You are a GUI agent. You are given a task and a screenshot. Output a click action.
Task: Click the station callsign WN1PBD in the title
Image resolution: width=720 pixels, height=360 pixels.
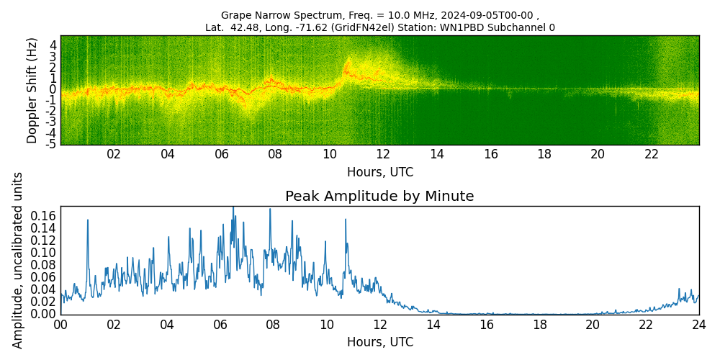click(x=471, y=28)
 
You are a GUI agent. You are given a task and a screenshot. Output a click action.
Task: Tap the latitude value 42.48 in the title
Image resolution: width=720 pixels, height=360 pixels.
click(x=241, y=28)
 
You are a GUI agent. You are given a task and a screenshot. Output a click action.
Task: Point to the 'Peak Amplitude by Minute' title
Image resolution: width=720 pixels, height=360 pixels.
click(x=379, y=197)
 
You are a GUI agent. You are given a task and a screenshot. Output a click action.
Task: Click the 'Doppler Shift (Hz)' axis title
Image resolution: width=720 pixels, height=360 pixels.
click(x=32, y=91)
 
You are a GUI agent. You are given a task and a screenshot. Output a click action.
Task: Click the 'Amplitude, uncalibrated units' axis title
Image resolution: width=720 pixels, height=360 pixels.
click(x=18, y=260)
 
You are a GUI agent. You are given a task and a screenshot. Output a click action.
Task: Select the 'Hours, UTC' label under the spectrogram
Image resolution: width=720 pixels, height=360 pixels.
click(x=380, y=173)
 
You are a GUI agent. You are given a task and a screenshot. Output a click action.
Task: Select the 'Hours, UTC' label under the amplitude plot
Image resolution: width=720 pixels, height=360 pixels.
click(x=380, y=342)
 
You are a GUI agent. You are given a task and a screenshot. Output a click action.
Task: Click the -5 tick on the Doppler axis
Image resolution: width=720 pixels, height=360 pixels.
click(x=50, y=144)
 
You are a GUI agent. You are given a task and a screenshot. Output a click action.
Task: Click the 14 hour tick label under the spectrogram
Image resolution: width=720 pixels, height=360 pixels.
click(x=437, y=154)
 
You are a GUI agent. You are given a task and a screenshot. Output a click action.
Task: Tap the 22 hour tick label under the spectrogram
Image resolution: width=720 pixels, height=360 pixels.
click(x=652, y=154)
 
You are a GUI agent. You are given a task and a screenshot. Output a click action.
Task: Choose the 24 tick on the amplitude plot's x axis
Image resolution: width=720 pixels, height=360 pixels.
click(x=699, y=324)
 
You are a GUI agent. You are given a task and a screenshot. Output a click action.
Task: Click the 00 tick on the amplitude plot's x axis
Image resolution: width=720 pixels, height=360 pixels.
click(x=61, y=324)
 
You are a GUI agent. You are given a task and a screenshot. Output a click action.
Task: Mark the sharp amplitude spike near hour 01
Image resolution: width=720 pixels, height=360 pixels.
click(x=88, y=221)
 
